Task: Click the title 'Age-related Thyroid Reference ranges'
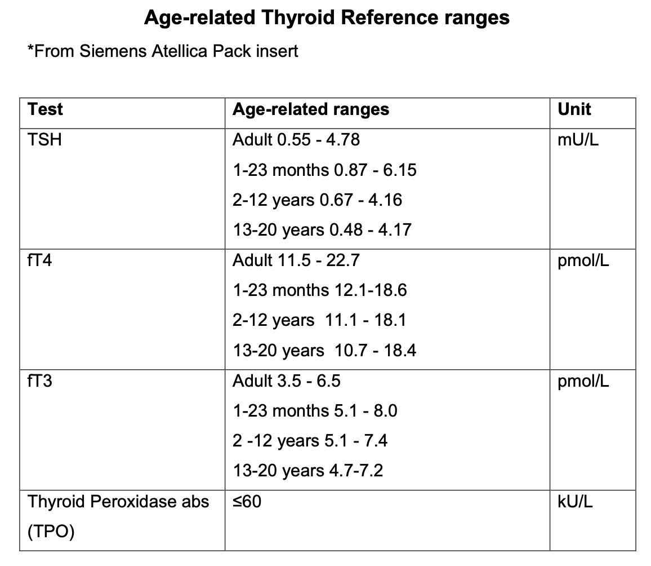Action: [327, 17]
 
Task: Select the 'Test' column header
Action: [45, 109]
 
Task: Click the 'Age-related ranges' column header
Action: [311, 109]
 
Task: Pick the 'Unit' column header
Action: [574, 109]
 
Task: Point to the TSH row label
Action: [44, 140]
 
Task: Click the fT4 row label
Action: [39, 261]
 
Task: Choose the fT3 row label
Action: [39, 382]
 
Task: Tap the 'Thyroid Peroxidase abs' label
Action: [118, 502]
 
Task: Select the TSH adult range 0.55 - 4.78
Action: [296, 140]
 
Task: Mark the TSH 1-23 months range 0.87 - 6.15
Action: [324, 170]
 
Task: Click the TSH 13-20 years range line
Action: [322, 230]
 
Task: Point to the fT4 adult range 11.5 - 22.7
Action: [296, 261]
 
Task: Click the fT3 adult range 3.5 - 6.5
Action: [287, 382]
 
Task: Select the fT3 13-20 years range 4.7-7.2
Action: [308, 470]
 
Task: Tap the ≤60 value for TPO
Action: [247, 501]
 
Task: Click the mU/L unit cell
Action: [578, 140]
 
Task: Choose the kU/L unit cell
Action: [575, 502]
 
